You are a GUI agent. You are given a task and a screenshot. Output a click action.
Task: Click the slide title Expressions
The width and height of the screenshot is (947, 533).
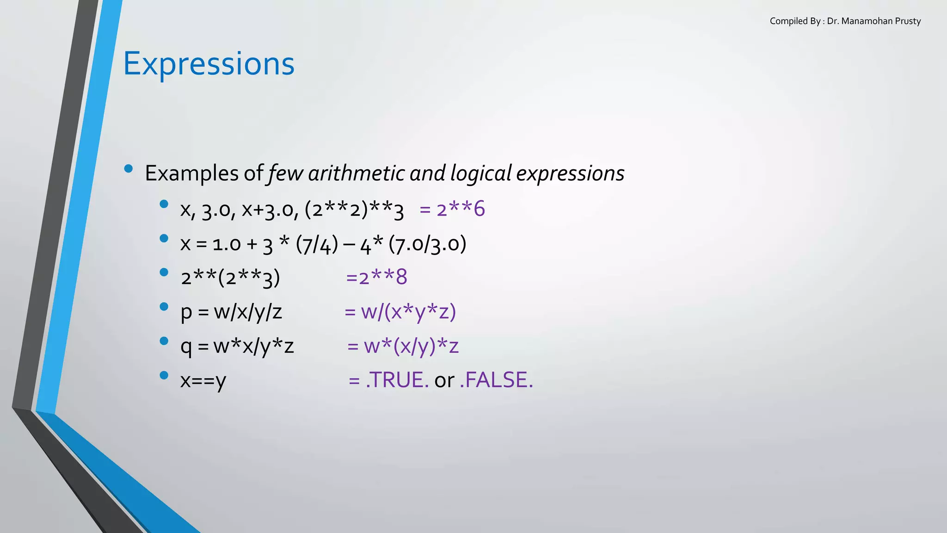click(209, 64)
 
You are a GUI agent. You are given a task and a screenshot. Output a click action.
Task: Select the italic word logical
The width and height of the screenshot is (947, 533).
click(480, 174)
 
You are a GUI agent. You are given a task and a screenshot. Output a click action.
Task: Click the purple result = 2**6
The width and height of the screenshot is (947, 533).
click(452, 209)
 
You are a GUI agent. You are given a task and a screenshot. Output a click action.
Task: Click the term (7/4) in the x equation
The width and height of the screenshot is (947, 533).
click(317, 244)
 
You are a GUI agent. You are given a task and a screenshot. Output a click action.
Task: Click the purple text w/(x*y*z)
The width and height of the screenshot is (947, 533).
click(408, 312)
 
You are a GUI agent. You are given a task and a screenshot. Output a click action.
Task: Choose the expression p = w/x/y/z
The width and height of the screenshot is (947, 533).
click(231, 312)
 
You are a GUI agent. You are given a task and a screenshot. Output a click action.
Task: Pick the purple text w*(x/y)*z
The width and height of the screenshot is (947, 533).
click(411, 346)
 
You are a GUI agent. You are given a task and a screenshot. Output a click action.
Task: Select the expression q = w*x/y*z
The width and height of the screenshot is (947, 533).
click(237, 346)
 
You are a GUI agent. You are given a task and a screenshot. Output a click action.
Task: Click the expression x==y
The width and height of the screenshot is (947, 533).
click(203, 380)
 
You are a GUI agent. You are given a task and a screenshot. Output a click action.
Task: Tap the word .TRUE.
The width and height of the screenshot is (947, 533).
click(397, 380)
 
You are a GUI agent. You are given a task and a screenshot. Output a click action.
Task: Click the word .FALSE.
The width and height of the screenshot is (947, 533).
click(496, 380)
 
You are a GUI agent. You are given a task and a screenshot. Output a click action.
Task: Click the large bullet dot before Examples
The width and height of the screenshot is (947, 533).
click(129, 168)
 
